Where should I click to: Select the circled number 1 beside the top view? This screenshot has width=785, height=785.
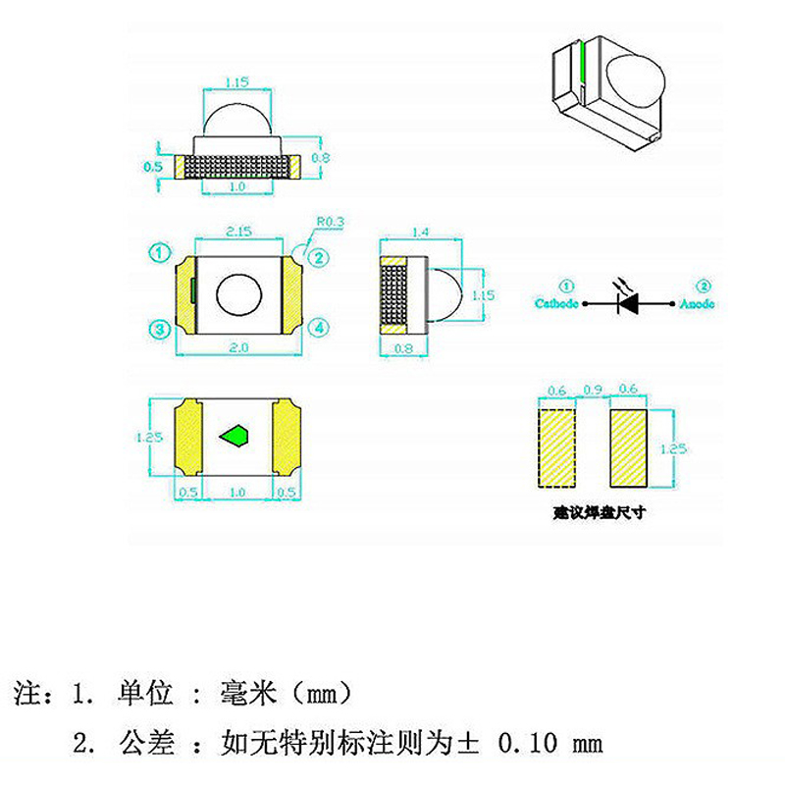(x=160, y=252)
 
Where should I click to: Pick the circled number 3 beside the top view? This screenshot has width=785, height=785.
(x=160, y=328)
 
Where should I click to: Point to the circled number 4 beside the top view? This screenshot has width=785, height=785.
(x=319, y=328)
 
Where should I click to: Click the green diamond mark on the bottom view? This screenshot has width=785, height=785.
(x=236, y=436)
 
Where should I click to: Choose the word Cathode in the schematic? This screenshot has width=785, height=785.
(x=556, y=304)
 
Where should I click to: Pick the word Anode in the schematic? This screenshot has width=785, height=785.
(x=698, y=304)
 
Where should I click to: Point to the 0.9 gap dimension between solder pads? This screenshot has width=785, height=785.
(x=592, y=390)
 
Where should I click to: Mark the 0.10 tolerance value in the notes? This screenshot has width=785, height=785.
(x=528, y=743)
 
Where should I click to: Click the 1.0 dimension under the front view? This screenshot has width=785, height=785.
(x=237, y=186)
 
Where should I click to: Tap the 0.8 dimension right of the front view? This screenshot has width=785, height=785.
(x=319, y=157)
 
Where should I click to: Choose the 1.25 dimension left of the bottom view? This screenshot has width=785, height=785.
(x=150, y=438)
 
